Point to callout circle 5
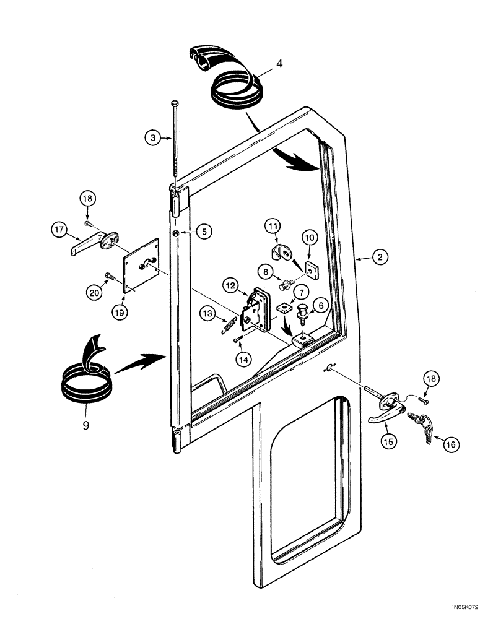tap(204, 231)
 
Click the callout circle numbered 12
tap(231, 286)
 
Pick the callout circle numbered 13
tap(210, 314)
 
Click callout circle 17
tap(59, 232)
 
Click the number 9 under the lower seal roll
tap(85, 425)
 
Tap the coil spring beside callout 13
tap(229, 324)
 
